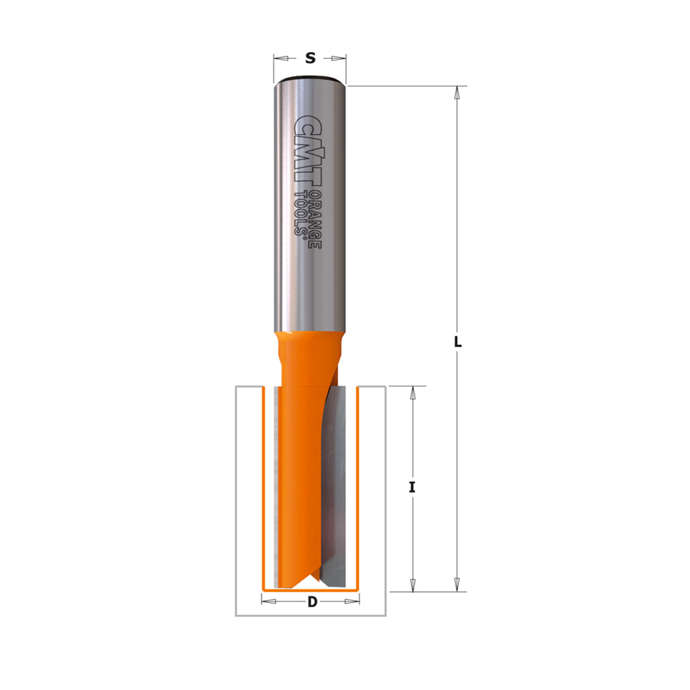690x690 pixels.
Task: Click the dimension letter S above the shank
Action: coord(310,58)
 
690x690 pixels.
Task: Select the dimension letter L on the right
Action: coord(458,342)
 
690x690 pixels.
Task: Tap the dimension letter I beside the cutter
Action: coord(412,487)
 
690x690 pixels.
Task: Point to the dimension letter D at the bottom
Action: coord(312,602)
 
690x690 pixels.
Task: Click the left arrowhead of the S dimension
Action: coord(281,59)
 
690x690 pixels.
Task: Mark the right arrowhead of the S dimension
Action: coord(339,59)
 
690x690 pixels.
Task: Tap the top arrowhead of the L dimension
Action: coord(457,94)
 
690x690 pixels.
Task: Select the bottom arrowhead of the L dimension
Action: coord(457,585)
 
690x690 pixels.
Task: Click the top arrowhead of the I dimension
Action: coord(413,393)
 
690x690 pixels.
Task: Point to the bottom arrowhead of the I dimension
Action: coord(413,585)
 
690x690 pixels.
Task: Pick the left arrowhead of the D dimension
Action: coord(269,601)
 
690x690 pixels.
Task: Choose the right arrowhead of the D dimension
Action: coord(352,601)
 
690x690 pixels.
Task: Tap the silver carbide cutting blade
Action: coord(336,483)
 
